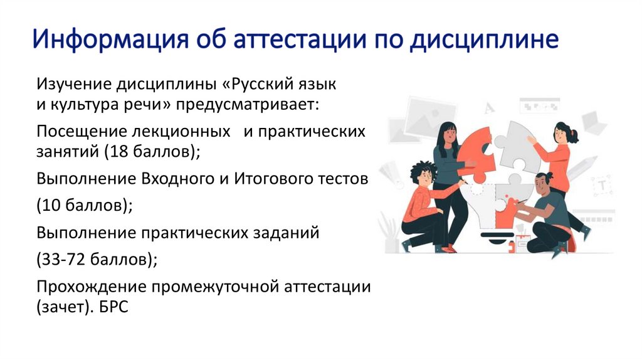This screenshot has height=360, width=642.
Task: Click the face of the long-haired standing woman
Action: [x=449, y=135]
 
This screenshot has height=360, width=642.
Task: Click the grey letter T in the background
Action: [x=602, y=185]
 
